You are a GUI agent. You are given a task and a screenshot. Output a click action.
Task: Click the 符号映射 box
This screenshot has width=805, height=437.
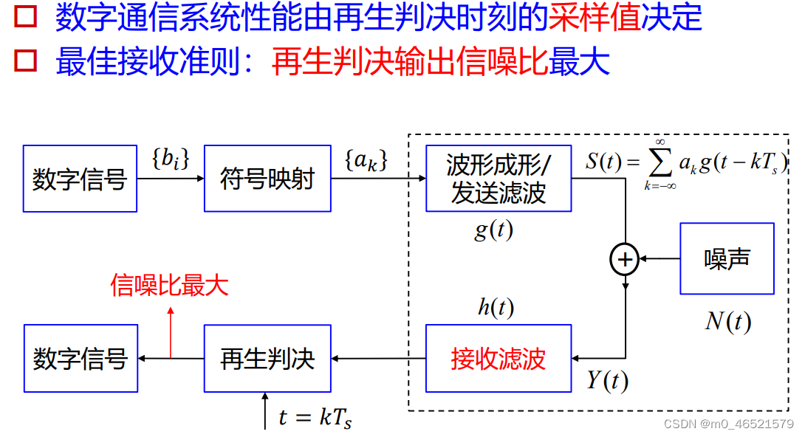(x=267, y=179)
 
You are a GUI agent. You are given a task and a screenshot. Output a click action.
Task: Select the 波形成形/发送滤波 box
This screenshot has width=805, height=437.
(x=499, y=179)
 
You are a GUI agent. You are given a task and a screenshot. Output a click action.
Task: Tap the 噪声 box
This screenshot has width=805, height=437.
(x=727, y=258)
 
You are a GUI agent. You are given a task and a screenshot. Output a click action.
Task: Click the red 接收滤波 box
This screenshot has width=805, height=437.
(x=499, y=359)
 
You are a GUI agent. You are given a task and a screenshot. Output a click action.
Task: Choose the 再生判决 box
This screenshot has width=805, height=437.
(x=267, y=359)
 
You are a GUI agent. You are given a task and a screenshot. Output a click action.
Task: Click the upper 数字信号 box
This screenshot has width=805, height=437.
(x=80, y=179)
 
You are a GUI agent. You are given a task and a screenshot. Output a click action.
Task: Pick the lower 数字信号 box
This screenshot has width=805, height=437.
(x=80, y=359)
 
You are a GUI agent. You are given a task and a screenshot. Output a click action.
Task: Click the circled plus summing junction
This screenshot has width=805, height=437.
(x=625, y=259)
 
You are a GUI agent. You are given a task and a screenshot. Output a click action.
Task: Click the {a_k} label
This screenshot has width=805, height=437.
(x=366, y=159)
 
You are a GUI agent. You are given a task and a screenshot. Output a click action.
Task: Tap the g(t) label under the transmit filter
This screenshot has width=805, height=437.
(x=493, y=230)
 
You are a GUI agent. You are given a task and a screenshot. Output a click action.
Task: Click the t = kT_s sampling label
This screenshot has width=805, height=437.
(x=315, y=417)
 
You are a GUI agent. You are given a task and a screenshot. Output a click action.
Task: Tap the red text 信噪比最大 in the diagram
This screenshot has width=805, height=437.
(x=169, y=285)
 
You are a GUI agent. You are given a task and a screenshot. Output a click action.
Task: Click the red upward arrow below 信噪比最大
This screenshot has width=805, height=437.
(x=171, y=332)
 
